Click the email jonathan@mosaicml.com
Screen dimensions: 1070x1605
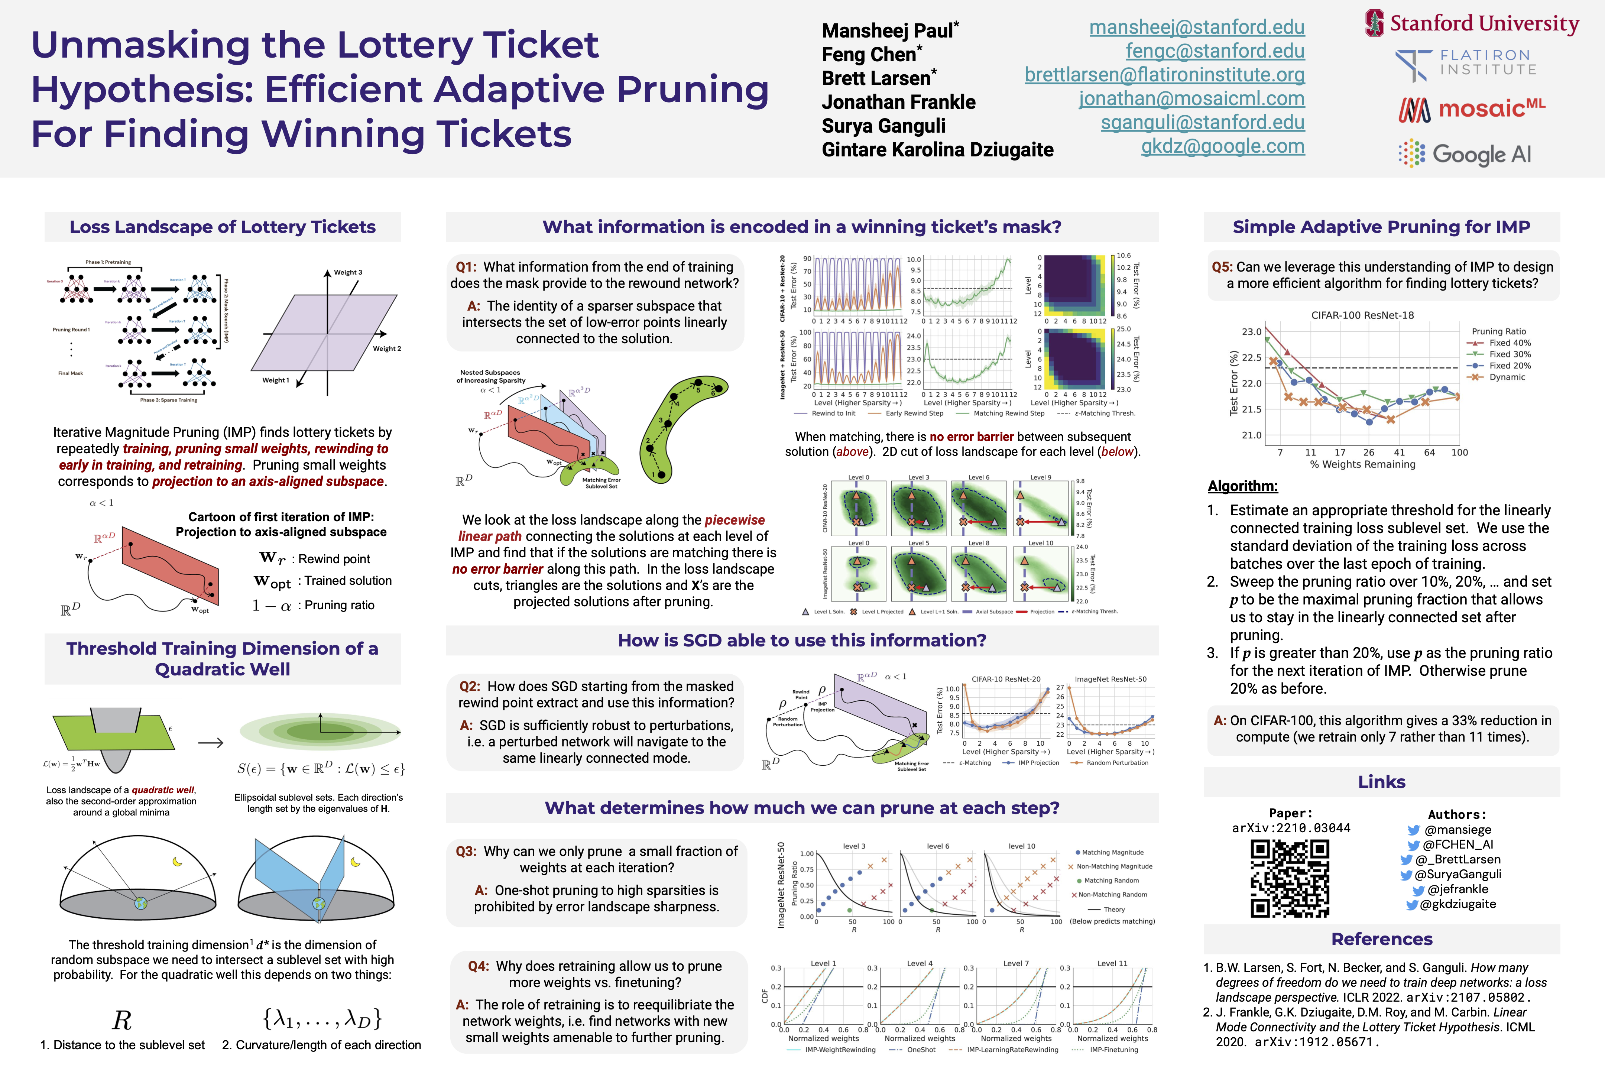click(1191, 99)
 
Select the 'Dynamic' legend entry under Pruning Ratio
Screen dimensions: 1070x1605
click(1507, 377)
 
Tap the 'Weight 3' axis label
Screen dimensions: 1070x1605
click(348, 272)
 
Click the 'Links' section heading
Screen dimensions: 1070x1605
click(1381, 782)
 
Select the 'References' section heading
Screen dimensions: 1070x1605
click(1381, 940)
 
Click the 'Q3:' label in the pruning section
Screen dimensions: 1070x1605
click(466, 852)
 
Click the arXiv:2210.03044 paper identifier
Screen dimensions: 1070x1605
click(1290, 828)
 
